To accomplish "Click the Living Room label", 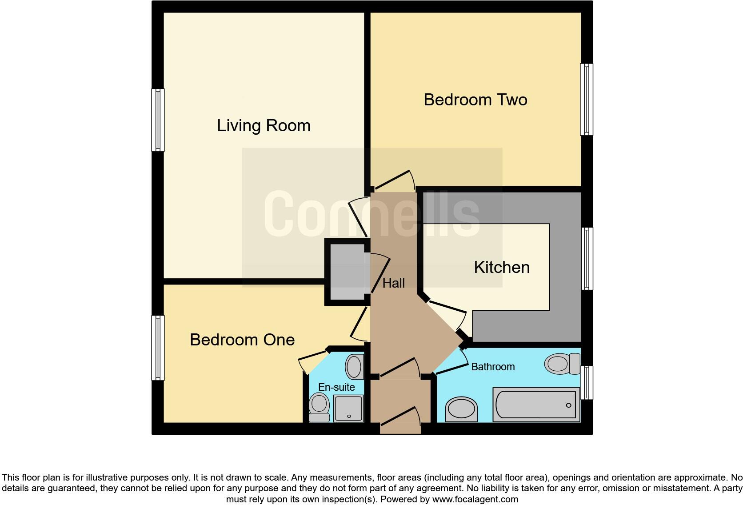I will point(264,126).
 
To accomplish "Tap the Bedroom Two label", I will point(475,100).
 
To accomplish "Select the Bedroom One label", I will point(242,340).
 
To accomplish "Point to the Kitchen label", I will point(502,267).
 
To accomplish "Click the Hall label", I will point(394,283).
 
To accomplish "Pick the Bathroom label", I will point(493,367).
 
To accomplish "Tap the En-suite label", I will point(336,387).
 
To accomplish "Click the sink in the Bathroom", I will point(461,409).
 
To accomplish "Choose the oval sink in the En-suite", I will point(354,367).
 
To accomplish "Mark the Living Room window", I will point(158,120).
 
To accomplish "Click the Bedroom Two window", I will point(587,99).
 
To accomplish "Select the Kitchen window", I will point(587,258).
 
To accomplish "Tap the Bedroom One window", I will point(158,348).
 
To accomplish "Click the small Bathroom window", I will point(587,382).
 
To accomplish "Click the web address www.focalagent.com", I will point(475,499).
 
